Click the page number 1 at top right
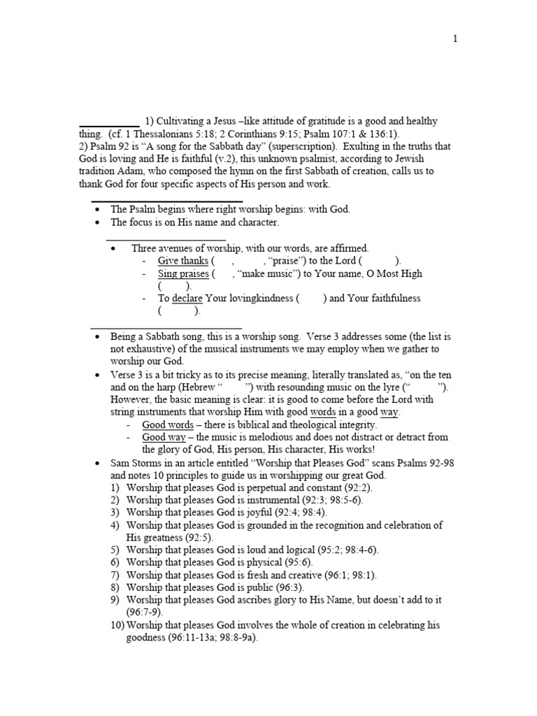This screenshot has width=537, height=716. (x=455, y=39)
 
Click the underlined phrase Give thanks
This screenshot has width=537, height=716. (x=178, y=261)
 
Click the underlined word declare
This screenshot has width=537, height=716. (x=187, y=299)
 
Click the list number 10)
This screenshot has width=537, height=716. (x=117, y=625)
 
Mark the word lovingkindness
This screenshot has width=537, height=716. (x=250, y=299)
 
